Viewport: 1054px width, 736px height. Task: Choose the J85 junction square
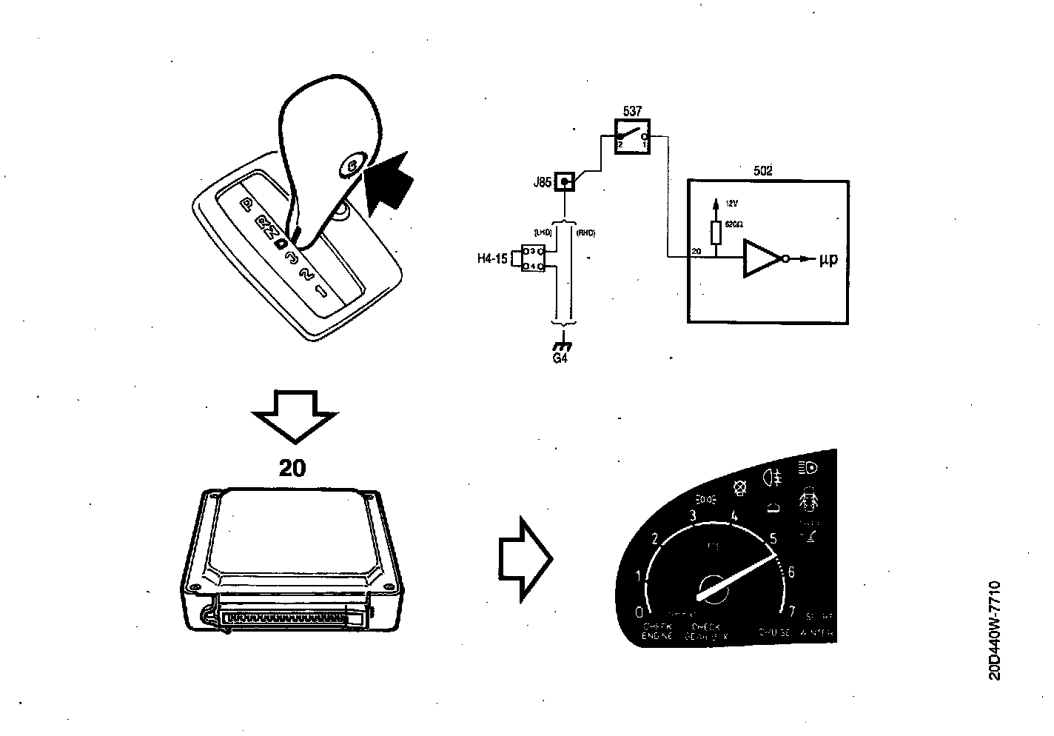point(565,181)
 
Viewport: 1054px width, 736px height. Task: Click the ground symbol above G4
point(563,346)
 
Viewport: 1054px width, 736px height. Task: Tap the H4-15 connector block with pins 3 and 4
point(532,258)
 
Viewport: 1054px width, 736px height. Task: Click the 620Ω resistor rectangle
point(716,233)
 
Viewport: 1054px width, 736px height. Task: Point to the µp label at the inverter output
point(828,260)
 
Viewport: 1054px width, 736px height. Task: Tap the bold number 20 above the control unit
point(292,468)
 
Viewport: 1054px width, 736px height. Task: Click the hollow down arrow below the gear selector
point(294,418)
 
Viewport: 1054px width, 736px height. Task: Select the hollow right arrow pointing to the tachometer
point(526,556)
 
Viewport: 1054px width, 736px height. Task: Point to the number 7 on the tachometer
point(791,612)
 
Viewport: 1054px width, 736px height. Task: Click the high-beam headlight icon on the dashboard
point(808,468)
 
